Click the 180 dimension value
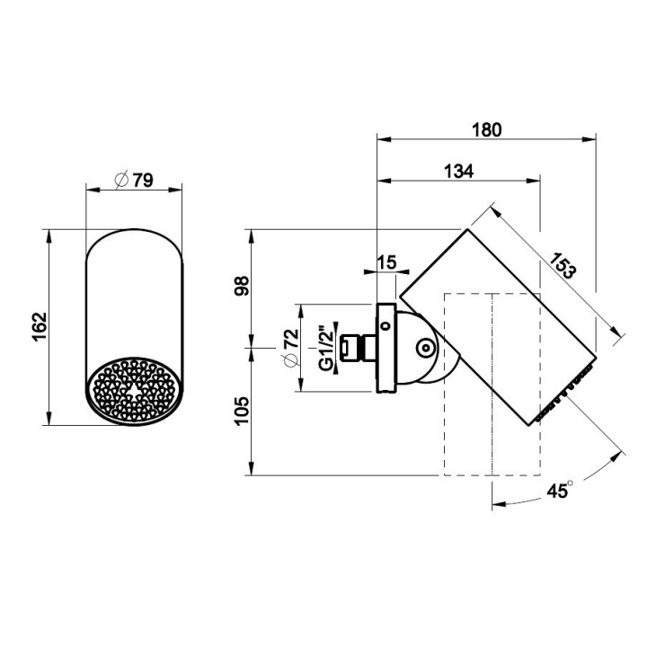(487, 129)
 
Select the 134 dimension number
(458, 171)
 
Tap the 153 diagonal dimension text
(562, 265)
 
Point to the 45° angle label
(560, 490)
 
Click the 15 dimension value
(386, 262)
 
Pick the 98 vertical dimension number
(242, 286)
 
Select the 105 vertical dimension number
(242, 411)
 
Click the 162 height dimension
(40, 327)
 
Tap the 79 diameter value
(143, 181)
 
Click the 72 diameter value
(291, 338)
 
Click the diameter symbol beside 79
(122, 180)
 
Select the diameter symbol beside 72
(291, 360)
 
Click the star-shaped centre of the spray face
(133, 390)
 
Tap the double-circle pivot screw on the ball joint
(425, 350)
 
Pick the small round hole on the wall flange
(386, 326)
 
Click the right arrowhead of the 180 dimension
(589, 139)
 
